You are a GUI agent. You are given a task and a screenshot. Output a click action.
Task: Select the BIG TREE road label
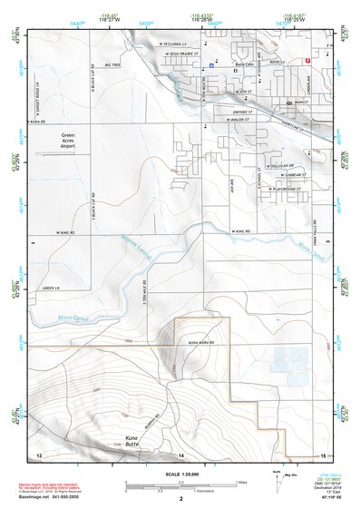tap(112, 65)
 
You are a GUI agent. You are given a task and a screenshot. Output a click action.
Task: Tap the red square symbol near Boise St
tap(307, 60)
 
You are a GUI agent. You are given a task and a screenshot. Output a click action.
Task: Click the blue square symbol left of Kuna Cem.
tap(211, 65)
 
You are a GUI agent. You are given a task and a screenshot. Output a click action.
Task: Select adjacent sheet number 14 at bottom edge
tap(180, 454)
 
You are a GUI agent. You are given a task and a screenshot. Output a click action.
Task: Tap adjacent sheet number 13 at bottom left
tap(38, 454)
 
